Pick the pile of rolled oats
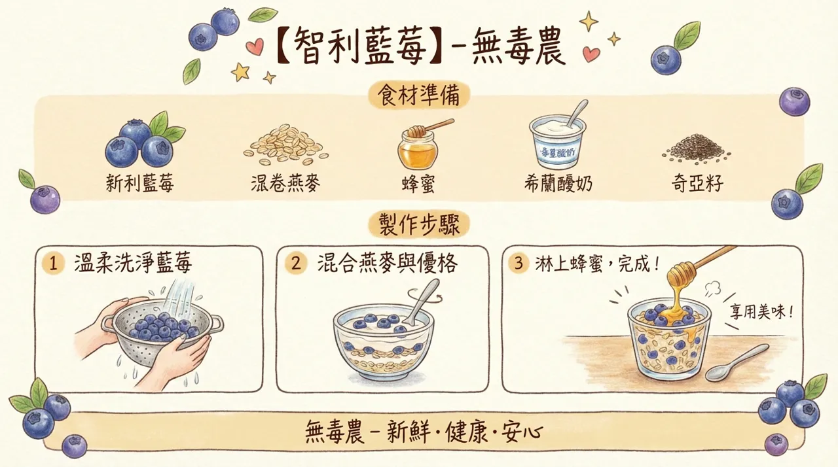[x=286, y=145]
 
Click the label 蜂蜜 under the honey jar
[x=418, y=184]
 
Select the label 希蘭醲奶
[x=558, y=184]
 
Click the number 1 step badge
[x=52, y=264]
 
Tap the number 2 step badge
[x=296, y=264]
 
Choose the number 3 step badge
[x=519, y=264]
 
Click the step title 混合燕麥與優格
[x=386, y=264]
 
